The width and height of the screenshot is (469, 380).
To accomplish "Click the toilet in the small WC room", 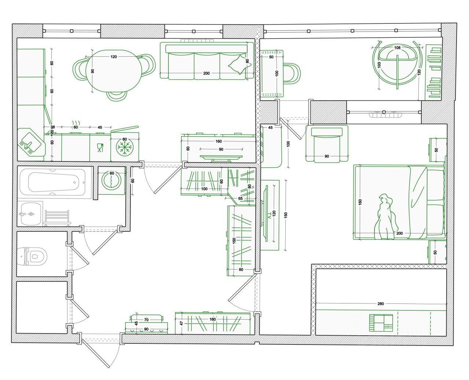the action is tap(34, 256).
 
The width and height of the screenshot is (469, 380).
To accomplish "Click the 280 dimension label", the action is tap(381, 304).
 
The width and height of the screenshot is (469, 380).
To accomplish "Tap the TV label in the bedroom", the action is tap(270, 216).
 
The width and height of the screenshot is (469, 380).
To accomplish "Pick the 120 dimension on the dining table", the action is tap(114, 57).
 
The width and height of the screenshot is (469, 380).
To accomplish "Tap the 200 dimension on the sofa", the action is tap(206, 73).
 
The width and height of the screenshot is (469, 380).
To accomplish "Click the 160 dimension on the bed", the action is tap(360, 202).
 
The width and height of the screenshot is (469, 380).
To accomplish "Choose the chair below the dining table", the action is tap(117, 95).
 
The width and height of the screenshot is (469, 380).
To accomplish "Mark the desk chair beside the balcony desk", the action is tap(292, 74).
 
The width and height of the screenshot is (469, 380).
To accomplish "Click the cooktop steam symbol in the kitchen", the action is tap(75, 122).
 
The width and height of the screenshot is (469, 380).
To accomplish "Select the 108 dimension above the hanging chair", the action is tap(397, 48).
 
